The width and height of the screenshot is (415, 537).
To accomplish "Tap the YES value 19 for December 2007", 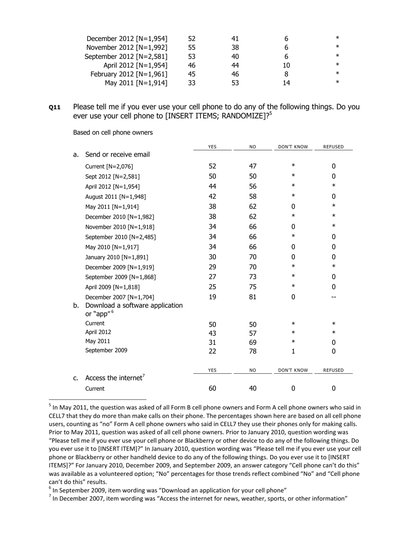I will pyautogui.click(x=212, y=297).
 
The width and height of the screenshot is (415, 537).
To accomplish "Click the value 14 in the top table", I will pyautogui.click(x=286, y=83).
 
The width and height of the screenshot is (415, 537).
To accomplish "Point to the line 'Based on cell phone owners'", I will pyautogui.click(x=113, y=132).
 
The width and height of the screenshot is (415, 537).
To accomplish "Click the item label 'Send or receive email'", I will pyautogui.click(x=118, y=155).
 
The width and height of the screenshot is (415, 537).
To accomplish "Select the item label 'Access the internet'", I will pyautogui.click(x=114, y=378).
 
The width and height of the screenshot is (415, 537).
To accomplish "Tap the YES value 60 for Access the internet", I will pyautogui.click(x=212, y=389).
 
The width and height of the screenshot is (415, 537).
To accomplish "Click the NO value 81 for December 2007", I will pyautogui.click(x=252, y=297).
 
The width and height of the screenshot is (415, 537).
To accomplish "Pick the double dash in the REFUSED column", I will pyautogui.click(x=333, y=297).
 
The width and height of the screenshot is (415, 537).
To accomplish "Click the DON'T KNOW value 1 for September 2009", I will pyautogui.click(x=293, y=351).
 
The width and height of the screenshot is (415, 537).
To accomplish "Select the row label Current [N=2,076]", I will pyautogui.click(x=109, y=166).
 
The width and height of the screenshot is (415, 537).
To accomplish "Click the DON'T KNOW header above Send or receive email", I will pyautogui.click(x=293, y=147).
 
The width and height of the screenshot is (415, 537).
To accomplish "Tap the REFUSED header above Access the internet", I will pyautogui.click(x=333, y=370).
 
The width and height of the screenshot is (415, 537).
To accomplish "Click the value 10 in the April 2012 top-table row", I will pyautogui.click(x=286, y=65).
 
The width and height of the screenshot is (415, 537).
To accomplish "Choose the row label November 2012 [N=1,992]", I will pyautogui.click(x=127, y=48).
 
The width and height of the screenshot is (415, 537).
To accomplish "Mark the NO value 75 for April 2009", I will pyautogui.click(x=252, y=287).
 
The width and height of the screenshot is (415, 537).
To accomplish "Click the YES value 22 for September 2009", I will pyautogui.click(x=212, y=351).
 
